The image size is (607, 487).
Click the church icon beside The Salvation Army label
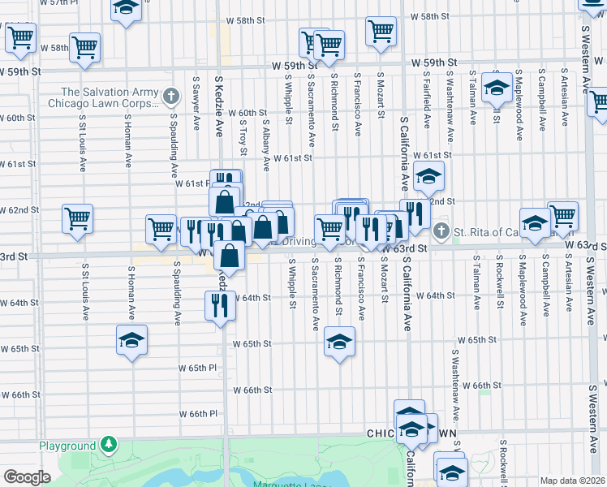(x=170, y=97)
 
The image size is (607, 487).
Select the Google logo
(x=27, y=477)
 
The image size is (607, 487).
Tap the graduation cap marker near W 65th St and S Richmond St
(x=339, y=341)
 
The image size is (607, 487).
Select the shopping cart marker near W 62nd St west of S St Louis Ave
(x=77, y=218)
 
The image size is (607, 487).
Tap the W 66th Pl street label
(x=199, y=413)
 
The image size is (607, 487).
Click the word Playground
(x=67, y=446)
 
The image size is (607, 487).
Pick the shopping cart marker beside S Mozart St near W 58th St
(x=381, y=32)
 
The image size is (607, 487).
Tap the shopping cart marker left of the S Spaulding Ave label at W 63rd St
(x=161, y=228)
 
